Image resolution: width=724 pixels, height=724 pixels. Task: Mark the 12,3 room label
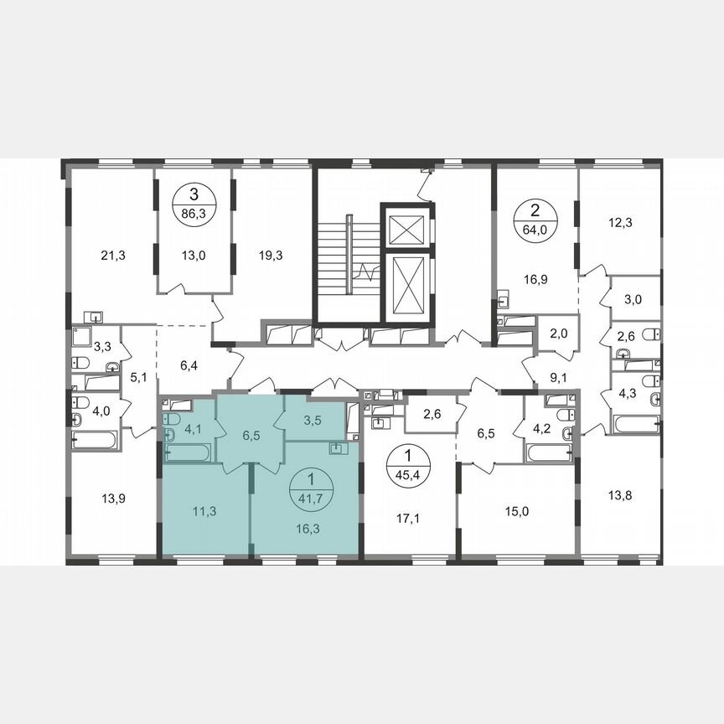tap(621, 222)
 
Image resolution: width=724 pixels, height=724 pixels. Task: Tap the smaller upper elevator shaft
tap(405, 225)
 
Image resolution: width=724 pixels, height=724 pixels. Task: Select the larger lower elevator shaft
tap(405, 282)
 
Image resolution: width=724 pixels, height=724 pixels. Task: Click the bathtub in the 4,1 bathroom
tap(188, 453)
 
